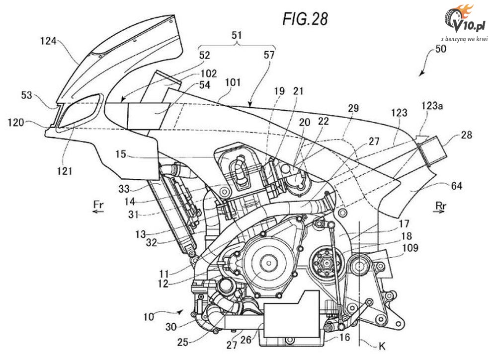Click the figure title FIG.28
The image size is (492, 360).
point(305,19)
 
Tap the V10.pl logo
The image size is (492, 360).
point(464,19)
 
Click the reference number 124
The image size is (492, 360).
point(48,41)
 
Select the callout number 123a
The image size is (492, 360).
point(432,106)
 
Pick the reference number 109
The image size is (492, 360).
point(410,248)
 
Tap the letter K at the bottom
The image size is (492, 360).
point(382,346)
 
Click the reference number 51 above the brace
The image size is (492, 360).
point(237,35)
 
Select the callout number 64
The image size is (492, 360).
point(457,186)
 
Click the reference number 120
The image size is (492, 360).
point(16,122)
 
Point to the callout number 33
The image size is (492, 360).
point(124,189)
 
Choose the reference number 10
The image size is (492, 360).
point(149,317)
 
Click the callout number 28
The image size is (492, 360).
point(466,135)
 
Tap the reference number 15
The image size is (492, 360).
point(120,154)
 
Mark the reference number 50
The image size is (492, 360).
point(440,49)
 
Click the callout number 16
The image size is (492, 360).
point(344,337)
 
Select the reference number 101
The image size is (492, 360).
point(233,82)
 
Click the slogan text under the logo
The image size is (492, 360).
point(464,39)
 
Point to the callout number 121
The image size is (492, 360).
point(64,171)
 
